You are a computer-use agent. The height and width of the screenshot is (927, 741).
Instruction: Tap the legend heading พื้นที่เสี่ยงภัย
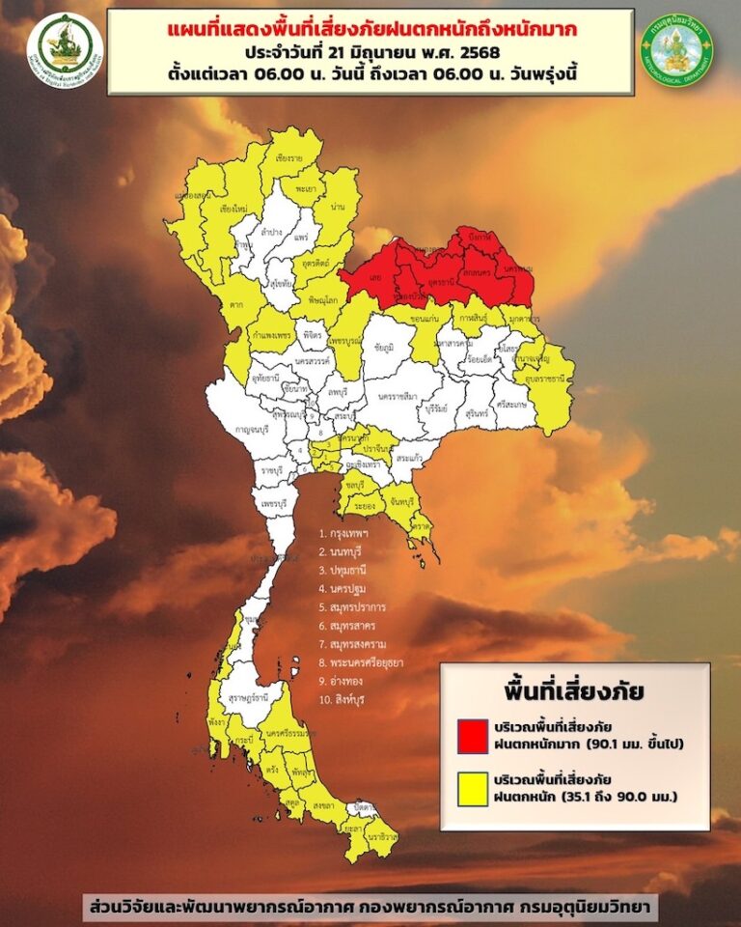click(x=574, y=691)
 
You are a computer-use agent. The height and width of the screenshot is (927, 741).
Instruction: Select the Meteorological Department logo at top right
click(x=676, y=49)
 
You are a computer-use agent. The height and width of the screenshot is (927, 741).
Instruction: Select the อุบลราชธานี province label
click(x=545, y=382)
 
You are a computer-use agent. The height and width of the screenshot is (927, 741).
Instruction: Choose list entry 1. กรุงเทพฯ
click(x=353, y=532)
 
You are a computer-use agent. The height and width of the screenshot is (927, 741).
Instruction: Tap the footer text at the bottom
click(x=370, y=907)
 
